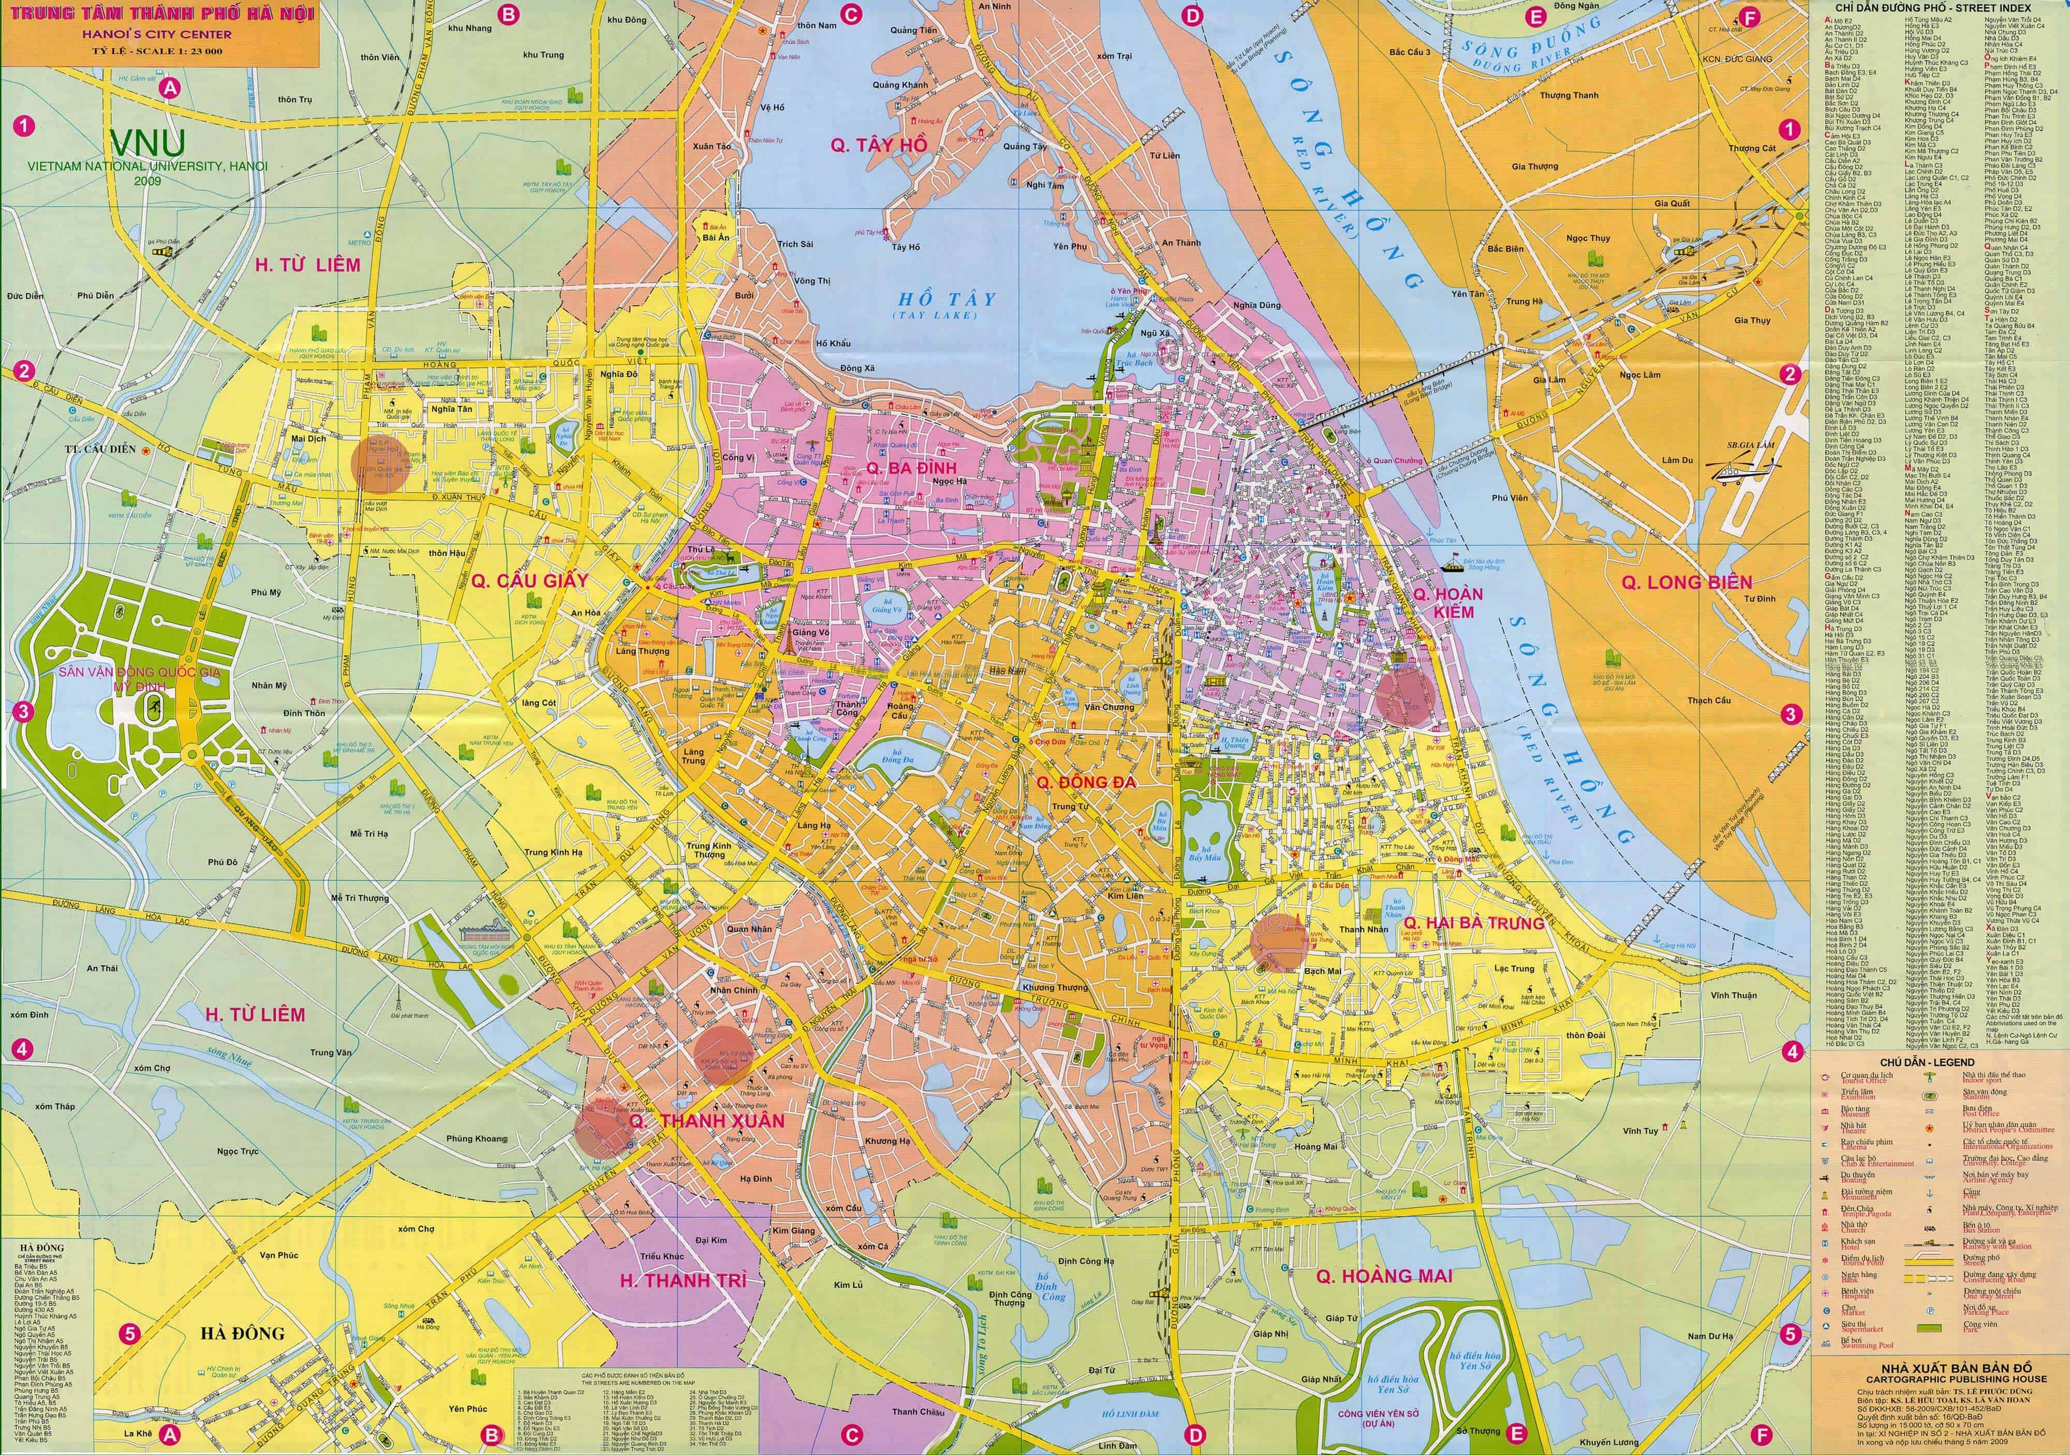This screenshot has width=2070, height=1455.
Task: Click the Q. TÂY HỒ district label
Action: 878,144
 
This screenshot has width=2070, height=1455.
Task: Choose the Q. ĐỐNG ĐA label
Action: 1086,782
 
